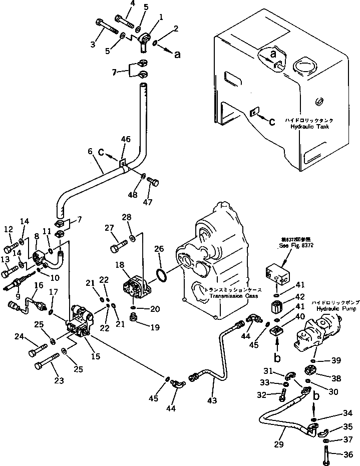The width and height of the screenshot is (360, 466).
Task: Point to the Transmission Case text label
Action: [234, 296]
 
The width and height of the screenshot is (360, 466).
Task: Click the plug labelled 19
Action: [134, 317]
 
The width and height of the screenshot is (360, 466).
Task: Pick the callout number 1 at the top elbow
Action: [160, 17]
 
